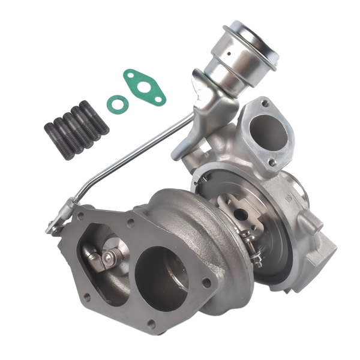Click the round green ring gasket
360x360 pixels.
118,103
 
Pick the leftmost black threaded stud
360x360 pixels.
58,140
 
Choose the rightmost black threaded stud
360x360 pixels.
94,117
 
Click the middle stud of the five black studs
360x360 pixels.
76,128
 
